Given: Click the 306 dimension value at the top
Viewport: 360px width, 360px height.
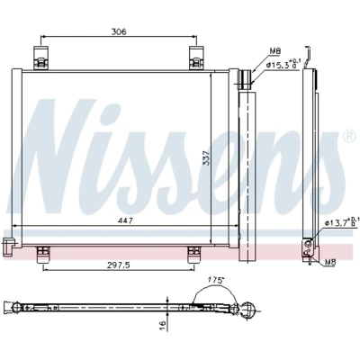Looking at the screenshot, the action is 119,31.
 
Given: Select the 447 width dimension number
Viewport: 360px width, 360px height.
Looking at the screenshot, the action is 125,220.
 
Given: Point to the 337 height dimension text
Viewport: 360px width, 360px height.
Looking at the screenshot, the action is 206,157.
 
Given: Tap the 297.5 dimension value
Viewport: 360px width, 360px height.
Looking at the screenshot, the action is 120,265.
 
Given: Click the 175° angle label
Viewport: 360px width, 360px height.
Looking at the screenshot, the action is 217,280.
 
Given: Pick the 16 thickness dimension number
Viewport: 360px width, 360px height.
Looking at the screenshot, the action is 163,324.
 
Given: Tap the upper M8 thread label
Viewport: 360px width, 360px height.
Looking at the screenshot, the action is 274,51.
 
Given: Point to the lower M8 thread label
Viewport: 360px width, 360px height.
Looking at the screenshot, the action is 330,263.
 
